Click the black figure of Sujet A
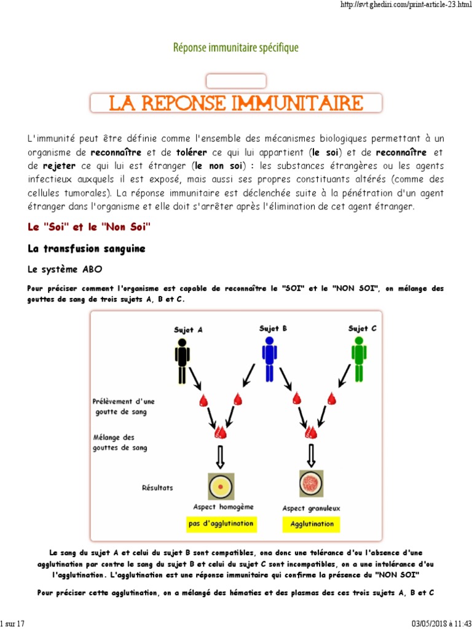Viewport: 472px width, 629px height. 181,361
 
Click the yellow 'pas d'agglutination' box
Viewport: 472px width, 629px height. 221,524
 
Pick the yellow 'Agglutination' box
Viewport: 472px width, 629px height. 312,524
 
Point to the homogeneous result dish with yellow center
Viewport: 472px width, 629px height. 219,486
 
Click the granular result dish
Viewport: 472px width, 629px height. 311,483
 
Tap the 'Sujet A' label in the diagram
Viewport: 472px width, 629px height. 188,330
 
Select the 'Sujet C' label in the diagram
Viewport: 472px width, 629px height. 362,329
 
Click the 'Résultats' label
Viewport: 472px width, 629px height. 157,488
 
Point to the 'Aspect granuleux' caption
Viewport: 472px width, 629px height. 311,508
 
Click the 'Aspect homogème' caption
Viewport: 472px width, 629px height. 222,507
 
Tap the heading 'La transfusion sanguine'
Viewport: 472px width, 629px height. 87,249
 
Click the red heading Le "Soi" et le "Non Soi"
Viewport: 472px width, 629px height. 89,227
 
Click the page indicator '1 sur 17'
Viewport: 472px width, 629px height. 13,623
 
